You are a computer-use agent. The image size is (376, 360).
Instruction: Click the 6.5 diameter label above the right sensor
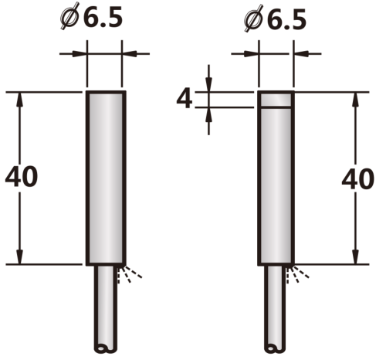click(286, 20)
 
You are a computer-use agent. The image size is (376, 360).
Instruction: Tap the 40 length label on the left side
click(22, 177)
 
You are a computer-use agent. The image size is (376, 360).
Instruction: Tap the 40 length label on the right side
click(357, 179)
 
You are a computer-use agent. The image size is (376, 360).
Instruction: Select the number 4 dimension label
click(185, 99)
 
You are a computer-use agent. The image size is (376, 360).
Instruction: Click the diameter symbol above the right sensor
click(253, 19)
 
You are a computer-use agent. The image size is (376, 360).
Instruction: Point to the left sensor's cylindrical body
click(106, 178)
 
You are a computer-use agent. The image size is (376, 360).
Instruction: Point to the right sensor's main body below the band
click(276, 186)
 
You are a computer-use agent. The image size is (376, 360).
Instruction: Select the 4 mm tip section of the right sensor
click(276, 99)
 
